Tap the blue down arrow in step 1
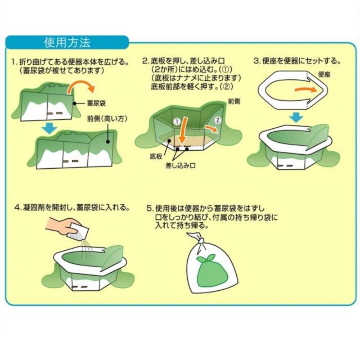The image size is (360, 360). (x=50, y=128)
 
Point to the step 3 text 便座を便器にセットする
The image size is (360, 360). (x=301, y=61)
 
